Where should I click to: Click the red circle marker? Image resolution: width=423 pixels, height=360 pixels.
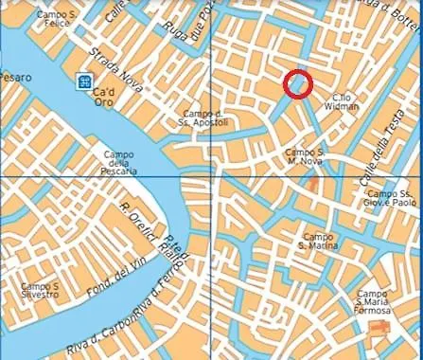[298, 83]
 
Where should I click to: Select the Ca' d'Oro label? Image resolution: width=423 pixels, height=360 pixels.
[104, 98]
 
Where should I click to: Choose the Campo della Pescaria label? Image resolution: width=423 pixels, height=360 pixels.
[119, 162]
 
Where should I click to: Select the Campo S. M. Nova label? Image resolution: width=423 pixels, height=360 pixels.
[306, 156]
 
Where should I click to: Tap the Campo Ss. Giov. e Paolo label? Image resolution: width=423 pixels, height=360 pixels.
[392, 197]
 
